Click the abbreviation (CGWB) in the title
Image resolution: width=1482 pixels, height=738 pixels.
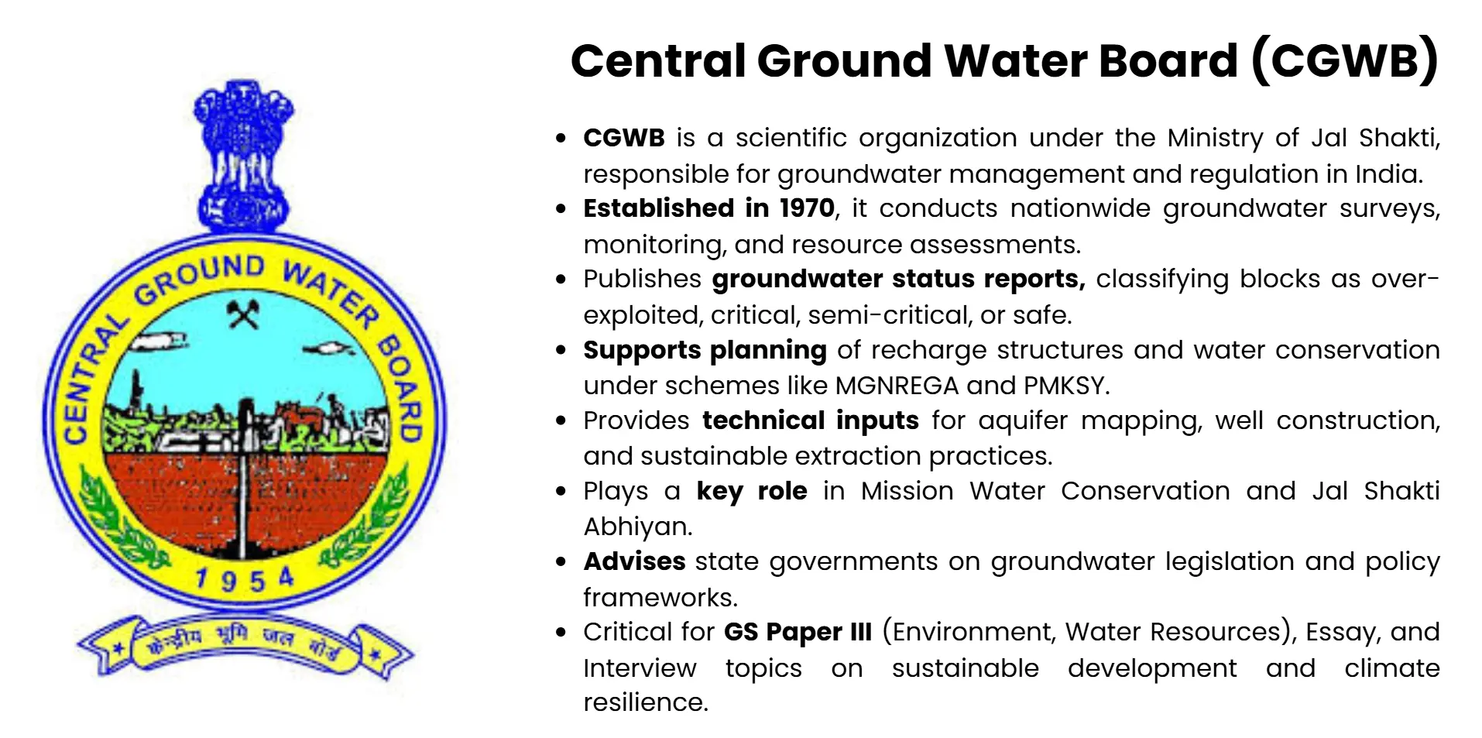(1345, 60)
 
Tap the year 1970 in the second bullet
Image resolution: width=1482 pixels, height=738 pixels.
(807, 208)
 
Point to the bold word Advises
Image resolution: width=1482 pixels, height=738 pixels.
(634, 561)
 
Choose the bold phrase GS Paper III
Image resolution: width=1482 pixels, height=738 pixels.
(798, 632)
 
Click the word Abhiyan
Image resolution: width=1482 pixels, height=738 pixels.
(636, 527)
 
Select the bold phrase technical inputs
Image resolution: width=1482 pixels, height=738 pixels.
(810, 420)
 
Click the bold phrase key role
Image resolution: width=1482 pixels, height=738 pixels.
(751, 491)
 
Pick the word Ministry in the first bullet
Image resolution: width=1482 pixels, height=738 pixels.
(1215, 138)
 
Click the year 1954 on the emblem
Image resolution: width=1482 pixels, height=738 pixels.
(244, 579)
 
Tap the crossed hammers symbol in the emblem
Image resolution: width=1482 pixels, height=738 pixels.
(243, 314)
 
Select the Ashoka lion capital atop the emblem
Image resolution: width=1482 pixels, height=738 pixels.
(243, 155)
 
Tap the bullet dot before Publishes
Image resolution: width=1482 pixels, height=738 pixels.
(561, 280)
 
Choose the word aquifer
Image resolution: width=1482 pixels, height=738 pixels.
(1023, 420)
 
